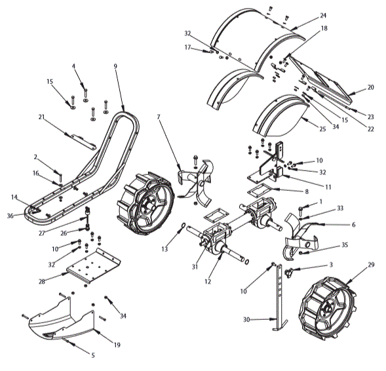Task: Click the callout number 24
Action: pyautogui.click(x=322, y=15)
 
